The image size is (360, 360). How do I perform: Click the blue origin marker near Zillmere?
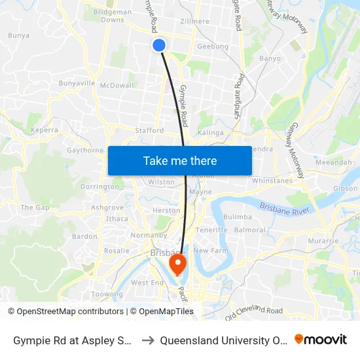tap(158, 45)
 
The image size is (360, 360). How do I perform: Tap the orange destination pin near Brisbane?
tap(177, 264)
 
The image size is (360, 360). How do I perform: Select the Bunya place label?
tap(18, 35)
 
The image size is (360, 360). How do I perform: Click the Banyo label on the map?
tap(270, 58)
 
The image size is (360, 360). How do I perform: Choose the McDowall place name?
tap(117, 85)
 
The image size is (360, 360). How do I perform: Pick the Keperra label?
tap(45, 130)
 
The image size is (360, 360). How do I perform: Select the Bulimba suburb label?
tap(237, 217)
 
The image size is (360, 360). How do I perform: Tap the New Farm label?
tap(209, 251)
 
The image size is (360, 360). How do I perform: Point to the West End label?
tap(147, 283)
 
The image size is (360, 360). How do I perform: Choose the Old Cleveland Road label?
tap(253, 313)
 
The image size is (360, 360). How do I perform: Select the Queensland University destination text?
tap(223, 340)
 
